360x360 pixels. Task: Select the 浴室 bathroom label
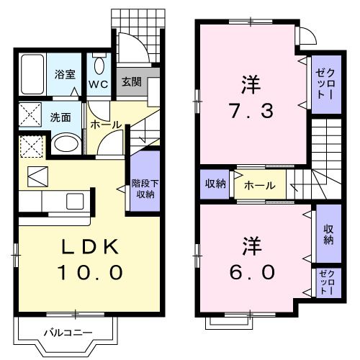[x=66, y=73]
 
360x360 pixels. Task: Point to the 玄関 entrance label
[x=130, y=81]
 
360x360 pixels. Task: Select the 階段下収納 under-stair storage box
[x=145, y=182]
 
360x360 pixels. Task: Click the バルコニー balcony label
[x=66, y=333]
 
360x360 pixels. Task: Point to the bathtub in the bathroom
[x=33, y=74]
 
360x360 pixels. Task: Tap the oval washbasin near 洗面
[x=66, y=143]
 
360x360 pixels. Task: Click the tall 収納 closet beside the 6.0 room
[x=328, y=234]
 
